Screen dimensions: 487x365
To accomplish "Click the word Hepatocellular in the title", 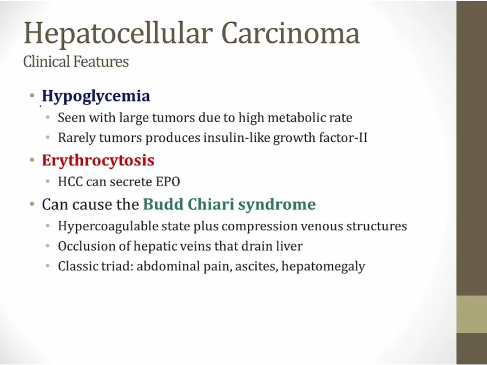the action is pyautogui.click(x=119, y=34).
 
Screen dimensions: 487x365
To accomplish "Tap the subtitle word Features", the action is pyautogui.click(x=101, y=61).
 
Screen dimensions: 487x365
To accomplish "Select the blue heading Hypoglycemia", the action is pyautogui.click(x=96, y=96).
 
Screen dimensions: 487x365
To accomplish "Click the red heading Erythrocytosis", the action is pyautogui.click(x=98, y=161).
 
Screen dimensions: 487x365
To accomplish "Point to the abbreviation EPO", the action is pyautogui.click(x=168, y=182).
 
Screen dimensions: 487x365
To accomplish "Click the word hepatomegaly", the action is pyautogui.click(x=324, y=267).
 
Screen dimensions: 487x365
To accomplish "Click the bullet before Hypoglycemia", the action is pyautogui.click(x=32, y=95).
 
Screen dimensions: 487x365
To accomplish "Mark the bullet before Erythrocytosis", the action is pyautogui.click(x=32, y=160).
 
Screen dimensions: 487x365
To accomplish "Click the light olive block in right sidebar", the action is pyautogui.click(x=471, y=314).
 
